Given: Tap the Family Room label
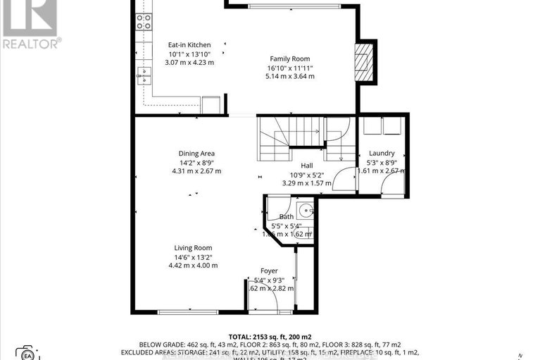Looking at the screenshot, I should [x=290, y=59].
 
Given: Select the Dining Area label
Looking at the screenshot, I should [x=196, y=153].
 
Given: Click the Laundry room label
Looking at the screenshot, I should [x=382, y=153].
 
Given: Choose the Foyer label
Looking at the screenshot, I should [x=269, y=271].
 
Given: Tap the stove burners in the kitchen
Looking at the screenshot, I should [x=144, y=22].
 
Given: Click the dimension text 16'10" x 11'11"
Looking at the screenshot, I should [x=290, y=68].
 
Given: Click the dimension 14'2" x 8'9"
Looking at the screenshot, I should [x=196, y=162].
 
